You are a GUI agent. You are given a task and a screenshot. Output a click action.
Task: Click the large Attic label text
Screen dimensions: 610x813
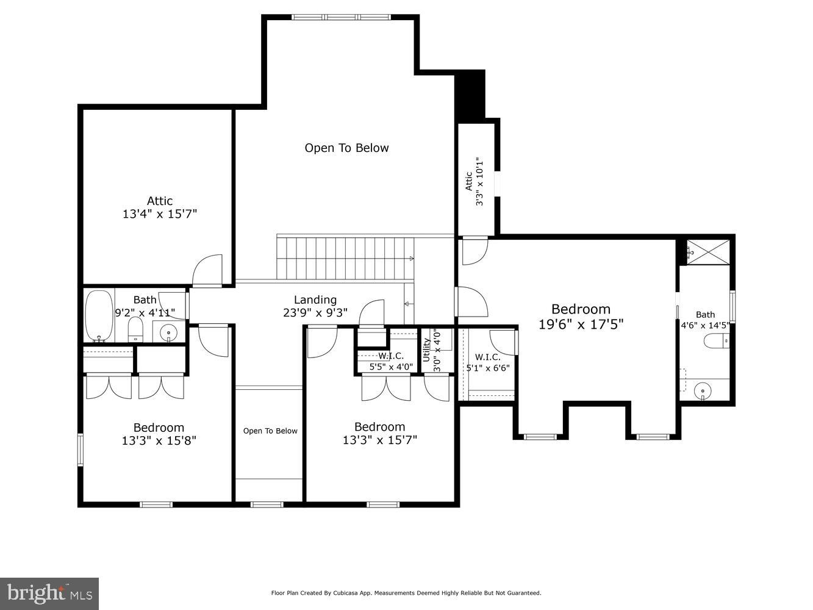tap(160, 201)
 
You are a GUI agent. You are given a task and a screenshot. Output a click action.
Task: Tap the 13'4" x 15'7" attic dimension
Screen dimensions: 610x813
tap(160, 214)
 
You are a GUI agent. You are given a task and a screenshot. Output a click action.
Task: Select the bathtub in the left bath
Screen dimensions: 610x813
tap(99, 316)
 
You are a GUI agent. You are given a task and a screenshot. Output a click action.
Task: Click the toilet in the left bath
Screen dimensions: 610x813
tap(135, 330)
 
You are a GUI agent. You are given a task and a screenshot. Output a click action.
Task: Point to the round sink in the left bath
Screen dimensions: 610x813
tap(168, 332)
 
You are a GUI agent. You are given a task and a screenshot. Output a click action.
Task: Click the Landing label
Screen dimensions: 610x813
tap(315, 300)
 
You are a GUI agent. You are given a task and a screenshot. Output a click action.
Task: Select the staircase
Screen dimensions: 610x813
tap(345, 258)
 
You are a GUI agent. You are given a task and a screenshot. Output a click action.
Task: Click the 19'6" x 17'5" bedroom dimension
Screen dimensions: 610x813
tap(581, 324)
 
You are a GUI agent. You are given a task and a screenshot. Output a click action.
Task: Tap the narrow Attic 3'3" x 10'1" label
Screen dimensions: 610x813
tap(475, 181)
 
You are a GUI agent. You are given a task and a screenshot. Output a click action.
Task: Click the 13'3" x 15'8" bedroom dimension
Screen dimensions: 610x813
tap(159, 440)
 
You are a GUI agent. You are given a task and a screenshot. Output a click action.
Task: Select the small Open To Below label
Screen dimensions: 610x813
tap(270, 431)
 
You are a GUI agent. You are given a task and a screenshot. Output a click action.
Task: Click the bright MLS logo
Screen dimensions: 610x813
tap(49, 593)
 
